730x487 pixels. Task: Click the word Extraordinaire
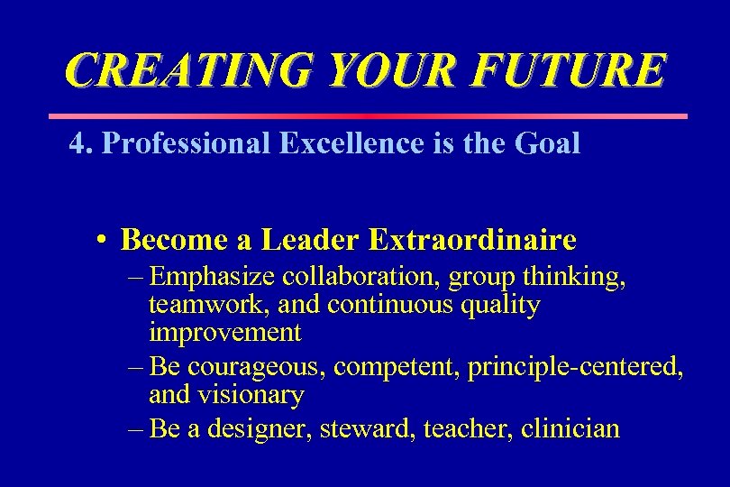click(472, 240)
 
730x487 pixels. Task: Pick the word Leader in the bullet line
click(310, 240)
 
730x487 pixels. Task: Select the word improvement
click(224, 333)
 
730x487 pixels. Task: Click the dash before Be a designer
click(135, 428)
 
